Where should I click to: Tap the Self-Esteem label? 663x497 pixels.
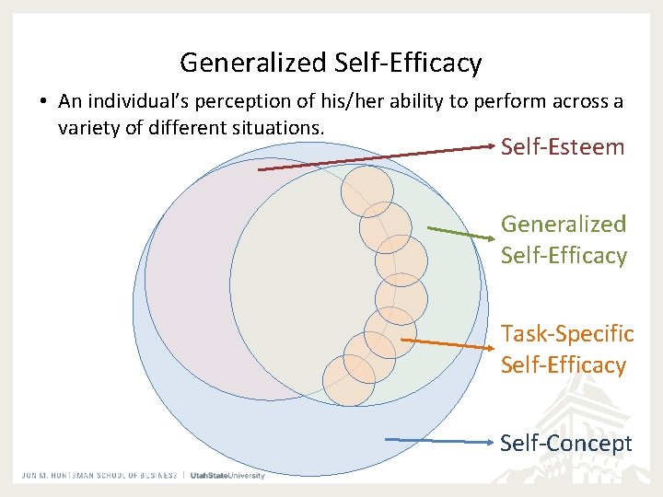(x=563, y=147)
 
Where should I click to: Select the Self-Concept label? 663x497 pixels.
(x=566, y=444)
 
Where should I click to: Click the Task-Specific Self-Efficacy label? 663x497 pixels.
(x=567, y=349)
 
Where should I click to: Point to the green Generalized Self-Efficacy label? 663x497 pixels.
(x=564, y=239)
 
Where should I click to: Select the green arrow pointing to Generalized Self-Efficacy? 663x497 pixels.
(x=460, y=232)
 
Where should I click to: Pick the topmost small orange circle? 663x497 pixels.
(x=366, y=191)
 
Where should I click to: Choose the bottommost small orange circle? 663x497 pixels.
(x=349, y=380)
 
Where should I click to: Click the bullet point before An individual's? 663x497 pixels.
(x=43, y=101)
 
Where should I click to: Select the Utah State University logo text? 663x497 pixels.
(x=227, y=475)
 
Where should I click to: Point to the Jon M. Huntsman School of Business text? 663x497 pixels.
(x=99, y=475)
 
